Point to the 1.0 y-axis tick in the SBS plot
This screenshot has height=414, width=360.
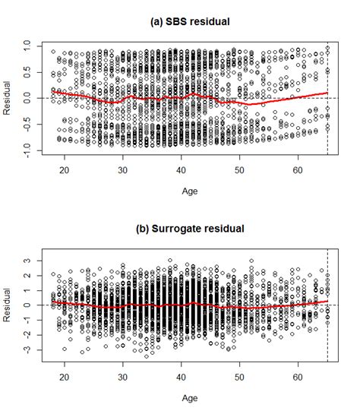(28, 46)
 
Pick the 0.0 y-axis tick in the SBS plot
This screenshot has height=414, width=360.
(28, 99)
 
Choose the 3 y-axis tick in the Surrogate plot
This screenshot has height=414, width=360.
(28, 261)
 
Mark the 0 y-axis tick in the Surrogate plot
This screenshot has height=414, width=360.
(28, 305)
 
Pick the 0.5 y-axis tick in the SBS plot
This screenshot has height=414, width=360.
(28, 72)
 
